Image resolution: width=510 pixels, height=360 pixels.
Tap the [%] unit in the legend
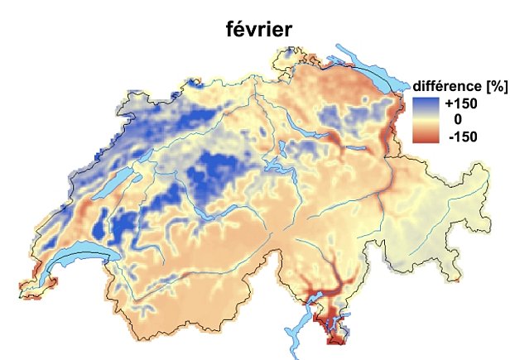493,87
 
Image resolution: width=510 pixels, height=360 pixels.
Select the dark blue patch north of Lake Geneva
124,223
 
